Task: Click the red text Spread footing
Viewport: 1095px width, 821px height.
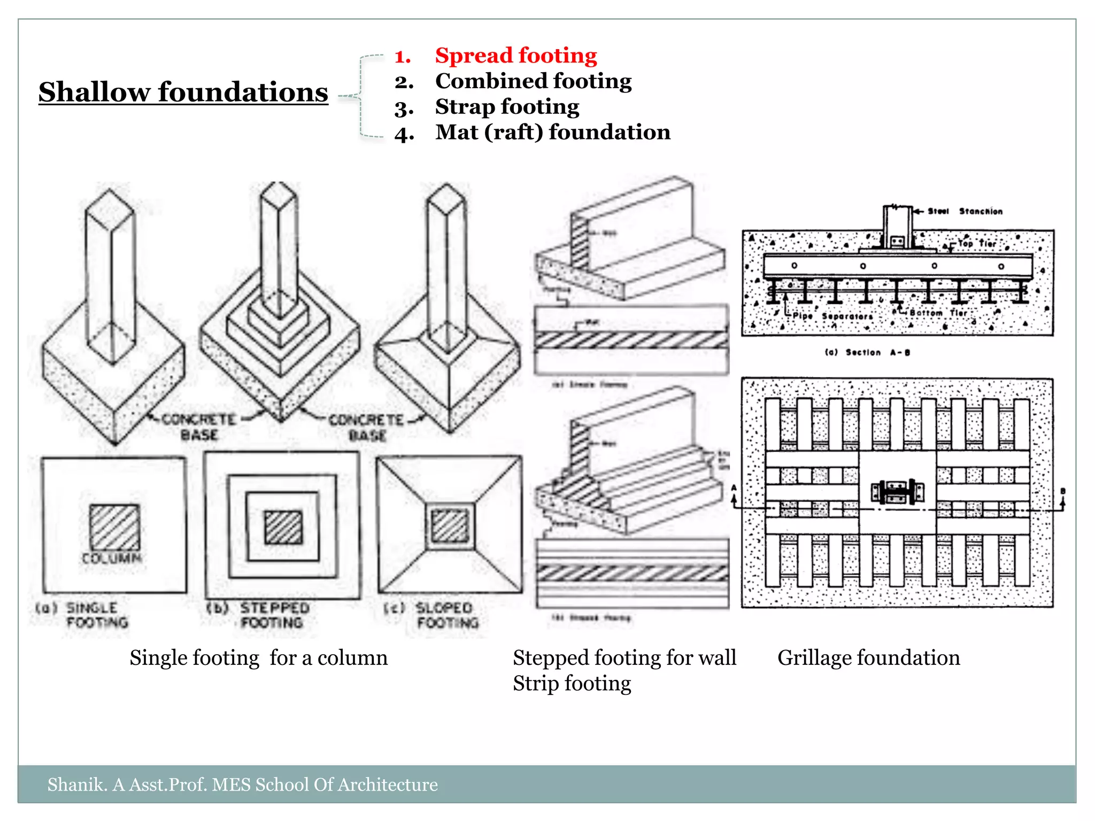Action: [x=515, y=56]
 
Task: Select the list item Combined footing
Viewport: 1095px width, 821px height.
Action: [x=533, y=81]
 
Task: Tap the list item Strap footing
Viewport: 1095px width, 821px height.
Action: [x=507, y=107]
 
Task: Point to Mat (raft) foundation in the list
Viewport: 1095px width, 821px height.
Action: [x=552, y=132]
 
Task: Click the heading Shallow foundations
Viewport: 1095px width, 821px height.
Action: [x=183, y=92]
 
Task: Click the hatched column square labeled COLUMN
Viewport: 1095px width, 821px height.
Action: [x=114, y=527]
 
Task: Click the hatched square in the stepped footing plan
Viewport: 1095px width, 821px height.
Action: [x=283, y=527]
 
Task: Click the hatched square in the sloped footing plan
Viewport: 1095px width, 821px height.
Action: [x=450, y=526]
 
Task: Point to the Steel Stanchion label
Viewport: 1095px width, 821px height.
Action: [x=965, y=211]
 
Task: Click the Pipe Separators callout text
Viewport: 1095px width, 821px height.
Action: [x=832, y=316]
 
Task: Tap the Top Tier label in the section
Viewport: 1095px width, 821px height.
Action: [x=976, y=243]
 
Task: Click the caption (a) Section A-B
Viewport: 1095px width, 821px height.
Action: [x=867, y=352]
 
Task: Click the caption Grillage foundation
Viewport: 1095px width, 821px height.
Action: [x=868, y=657]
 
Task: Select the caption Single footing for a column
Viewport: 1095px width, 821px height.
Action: [x=258, y=657]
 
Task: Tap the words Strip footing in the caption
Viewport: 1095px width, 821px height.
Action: [x=572, y=684]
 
